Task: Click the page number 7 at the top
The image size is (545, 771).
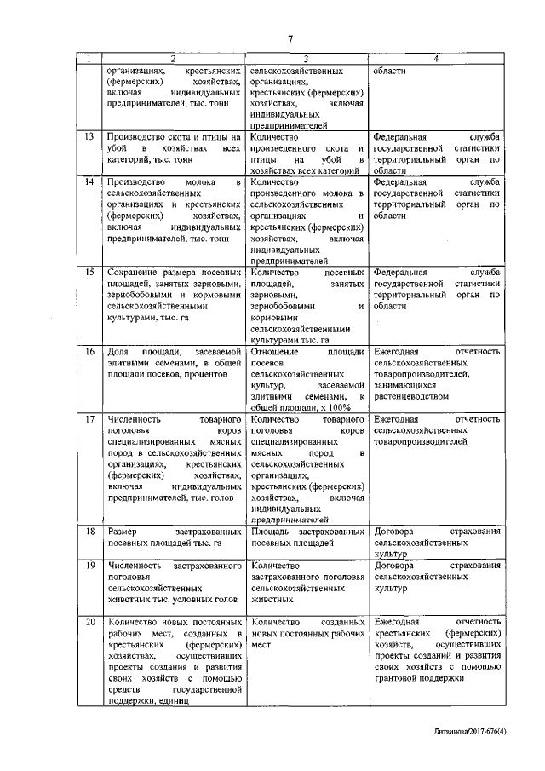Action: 290,39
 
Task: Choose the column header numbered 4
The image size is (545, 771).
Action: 435,59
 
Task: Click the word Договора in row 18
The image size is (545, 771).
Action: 393,532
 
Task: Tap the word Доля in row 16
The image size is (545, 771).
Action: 118,352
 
